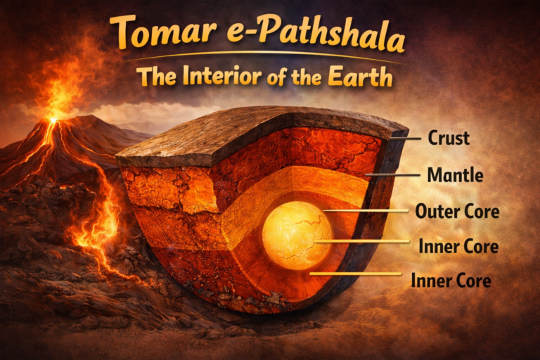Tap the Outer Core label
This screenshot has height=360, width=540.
tap(457, 210)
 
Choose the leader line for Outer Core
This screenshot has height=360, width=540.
tap(366, 210)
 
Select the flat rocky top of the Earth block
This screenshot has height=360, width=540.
tap(253, 134)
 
